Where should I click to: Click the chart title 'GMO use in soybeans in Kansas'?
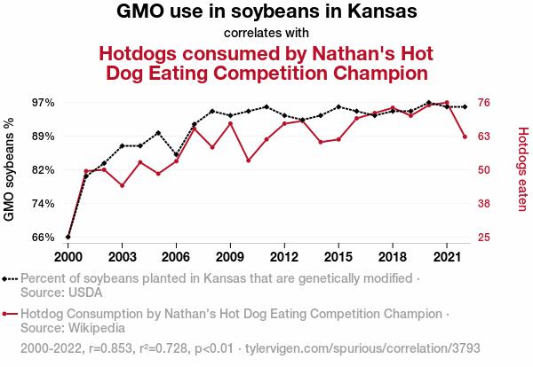[266, 12]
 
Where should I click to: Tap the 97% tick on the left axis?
[43, 103]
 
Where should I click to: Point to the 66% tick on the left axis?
[43, 238]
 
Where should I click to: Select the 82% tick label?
[43, 170]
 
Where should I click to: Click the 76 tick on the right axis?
[484, 103]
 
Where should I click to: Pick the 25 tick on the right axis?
[484, 238]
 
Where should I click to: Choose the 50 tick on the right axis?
[484, 170]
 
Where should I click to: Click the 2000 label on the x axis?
[68, 256]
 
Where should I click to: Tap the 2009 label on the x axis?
[230, 256]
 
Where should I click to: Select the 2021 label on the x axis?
[446, 256]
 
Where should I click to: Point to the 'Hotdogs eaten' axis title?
[522, 169]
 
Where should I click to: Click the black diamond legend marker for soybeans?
[10, 278]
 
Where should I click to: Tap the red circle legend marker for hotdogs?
[10, 314]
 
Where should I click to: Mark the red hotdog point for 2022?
[465, 137]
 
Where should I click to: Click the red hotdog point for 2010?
[248, 160]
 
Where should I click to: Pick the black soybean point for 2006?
[176, 155]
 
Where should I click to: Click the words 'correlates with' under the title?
[266, 34]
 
